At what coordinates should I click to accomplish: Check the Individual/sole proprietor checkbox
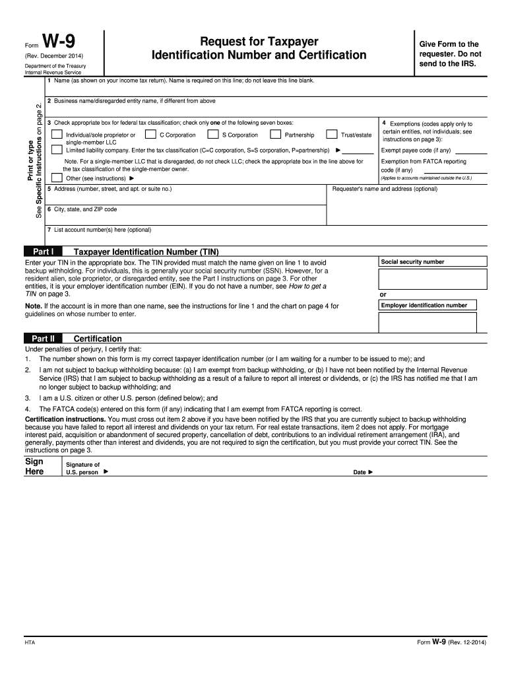[57, 135]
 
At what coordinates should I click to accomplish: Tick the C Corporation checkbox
[150, 135]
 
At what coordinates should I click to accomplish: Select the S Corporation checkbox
[212, 135]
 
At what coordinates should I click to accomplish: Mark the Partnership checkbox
[276, 135]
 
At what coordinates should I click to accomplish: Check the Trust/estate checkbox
[332, 135]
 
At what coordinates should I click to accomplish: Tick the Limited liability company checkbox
[57, 150]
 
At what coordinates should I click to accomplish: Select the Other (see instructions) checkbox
[57, 178]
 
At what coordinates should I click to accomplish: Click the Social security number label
[412, 262]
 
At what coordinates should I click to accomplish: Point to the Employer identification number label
[424, 305]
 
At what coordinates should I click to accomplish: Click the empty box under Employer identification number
[427, 322]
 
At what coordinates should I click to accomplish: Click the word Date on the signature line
[360, 472]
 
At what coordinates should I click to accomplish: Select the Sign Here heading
[34, 466]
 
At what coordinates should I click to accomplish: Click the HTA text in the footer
[30, 642]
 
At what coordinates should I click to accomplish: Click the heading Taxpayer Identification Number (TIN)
[146, 252]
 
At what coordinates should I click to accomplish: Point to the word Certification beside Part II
[98, 338]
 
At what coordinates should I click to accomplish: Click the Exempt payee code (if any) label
[416, 150]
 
